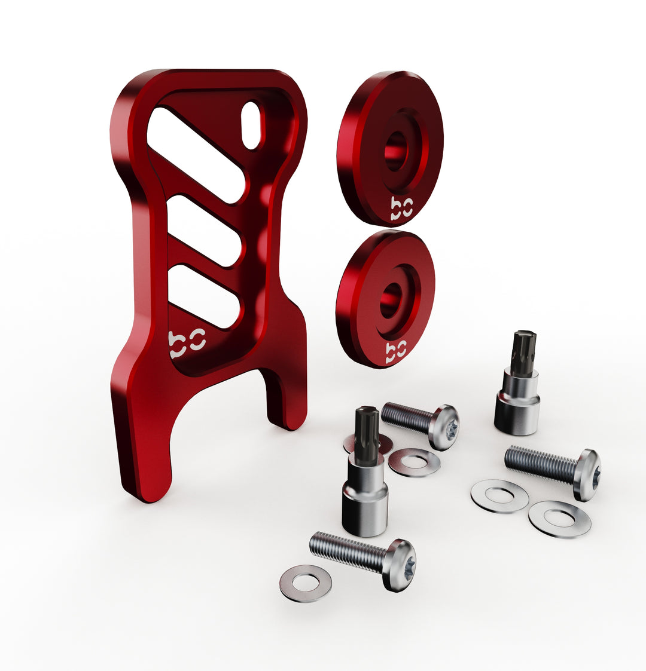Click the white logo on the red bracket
187,344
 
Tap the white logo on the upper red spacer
401,209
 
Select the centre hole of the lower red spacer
390,301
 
